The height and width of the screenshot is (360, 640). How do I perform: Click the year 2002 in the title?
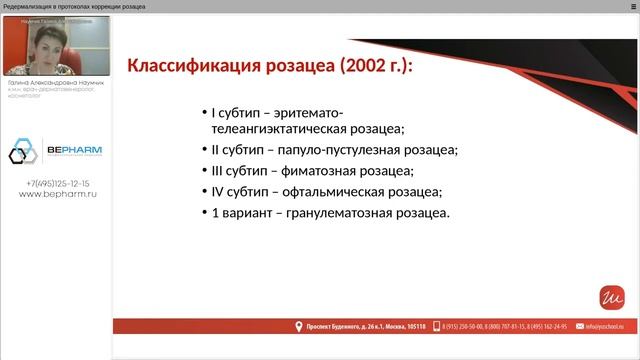(x=365, y=68)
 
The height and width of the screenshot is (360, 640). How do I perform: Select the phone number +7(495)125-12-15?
(x=57, y=184)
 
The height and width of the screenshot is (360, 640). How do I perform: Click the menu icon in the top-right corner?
(x=632, y=6)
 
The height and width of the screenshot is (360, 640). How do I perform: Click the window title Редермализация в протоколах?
(x=60, y=6)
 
